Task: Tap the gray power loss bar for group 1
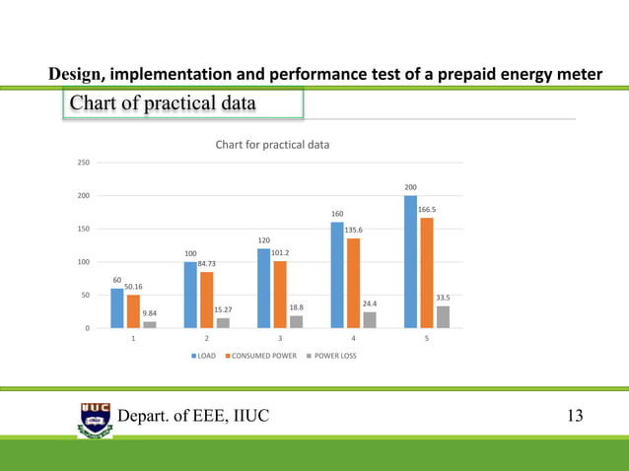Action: coord(150,324)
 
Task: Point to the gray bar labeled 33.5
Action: coord(443,316)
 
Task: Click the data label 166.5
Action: coord(428,210)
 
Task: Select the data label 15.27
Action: coord(223,310)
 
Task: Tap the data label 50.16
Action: coord(134,287)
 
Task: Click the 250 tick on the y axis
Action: coord(85,163)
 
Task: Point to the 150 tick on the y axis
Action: coord(85,229)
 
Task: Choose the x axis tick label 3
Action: coord(280,338)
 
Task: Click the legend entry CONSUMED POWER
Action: coord(261,355)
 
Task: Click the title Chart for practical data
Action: coord(272,145)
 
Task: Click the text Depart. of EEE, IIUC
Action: coord(193,417)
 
